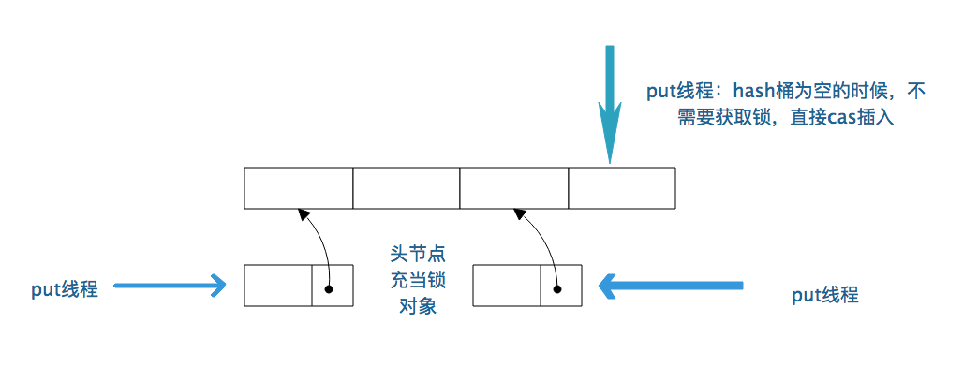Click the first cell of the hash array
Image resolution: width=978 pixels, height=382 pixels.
click(x=298, y=187)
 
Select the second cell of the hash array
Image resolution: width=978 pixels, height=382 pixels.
click(x=406, y=187)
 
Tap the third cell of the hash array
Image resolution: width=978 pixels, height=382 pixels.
click(x=513, y=187)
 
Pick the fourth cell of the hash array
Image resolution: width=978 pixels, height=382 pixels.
click(x=622, y=187)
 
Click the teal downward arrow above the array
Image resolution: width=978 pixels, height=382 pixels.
click(x=610, y=103)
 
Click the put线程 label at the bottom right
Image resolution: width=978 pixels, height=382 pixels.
click(x=824, y=296)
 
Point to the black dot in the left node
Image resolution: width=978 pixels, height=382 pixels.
click(x=329, y=287)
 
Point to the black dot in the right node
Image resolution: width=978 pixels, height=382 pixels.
click(x=557, y=287)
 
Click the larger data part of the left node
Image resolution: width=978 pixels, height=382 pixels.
click(x=277, y=286)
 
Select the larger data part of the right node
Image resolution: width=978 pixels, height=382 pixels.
click(x=506, y=286)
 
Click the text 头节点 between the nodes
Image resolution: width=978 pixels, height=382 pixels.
click(x=413, y=255)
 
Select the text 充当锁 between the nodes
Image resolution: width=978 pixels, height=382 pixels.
click(x=413, y=280)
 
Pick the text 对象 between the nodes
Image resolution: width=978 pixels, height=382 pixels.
click(x=413, y=306)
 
